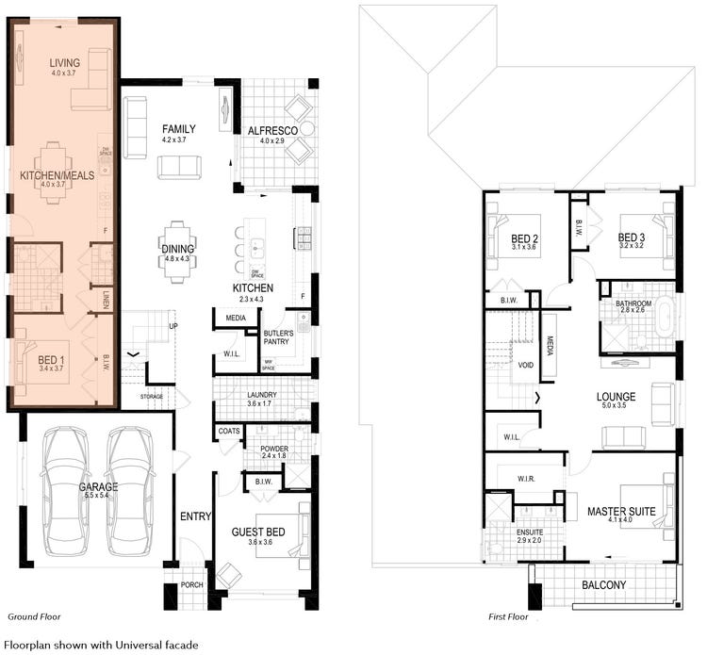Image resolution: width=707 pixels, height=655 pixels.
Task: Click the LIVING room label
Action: pos(64,63)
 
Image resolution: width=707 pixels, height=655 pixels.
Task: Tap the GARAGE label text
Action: pos(98,487)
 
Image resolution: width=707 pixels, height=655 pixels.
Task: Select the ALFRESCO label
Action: pos(272,130)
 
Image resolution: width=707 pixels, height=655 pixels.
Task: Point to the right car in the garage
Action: pos(130,490)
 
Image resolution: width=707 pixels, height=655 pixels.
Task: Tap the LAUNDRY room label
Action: pos(261,395)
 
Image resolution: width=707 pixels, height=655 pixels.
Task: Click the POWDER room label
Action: pos(274,448)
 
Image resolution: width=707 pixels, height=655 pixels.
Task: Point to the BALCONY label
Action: pos(602,585)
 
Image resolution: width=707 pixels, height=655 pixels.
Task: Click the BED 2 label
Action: pos(524,237)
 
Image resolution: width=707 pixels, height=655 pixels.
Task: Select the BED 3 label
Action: pos(632,237)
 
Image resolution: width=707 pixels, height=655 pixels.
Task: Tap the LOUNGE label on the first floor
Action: pos(616,397)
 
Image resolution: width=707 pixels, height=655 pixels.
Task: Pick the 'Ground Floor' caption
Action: pos(35,616)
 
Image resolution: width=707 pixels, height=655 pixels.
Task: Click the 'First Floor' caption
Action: pos(510,616)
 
